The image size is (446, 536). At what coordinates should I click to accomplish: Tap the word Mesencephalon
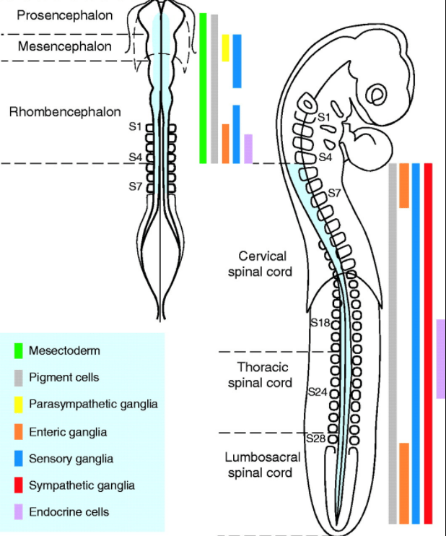tap(65, 46)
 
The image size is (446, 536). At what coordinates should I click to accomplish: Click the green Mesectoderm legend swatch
tap(19, 350)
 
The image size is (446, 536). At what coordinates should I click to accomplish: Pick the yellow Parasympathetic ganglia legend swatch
tap(19, 404)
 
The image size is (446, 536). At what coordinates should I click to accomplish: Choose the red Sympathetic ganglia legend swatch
tap(19, 485)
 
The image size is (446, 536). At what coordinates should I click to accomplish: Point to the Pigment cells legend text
tap(64, 377)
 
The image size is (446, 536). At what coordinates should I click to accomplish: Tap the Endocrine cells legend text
tap(69, 511)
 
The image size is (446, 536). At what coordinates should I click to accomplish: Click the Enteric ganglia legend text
tap(68, 431)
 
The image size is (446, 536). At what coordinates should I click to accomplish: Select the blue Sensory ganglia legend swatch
tap(19, 458)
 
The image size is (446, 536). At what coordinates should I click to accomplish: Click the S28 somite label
tap(315, 438)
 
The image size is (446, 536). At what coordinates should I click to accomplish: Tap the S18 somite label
tap(320, 322)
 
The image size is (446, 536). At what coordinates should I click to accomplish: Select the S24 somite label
tap(317, 392)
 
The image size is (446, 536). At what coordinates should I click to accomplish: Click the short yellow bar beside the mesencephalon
tap(225, 48)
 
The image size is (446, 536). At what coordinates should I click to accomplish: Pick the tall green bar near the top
tap(204, 87)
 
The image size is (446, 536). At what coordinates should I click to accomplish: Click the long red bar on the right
tap(429, 343)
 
